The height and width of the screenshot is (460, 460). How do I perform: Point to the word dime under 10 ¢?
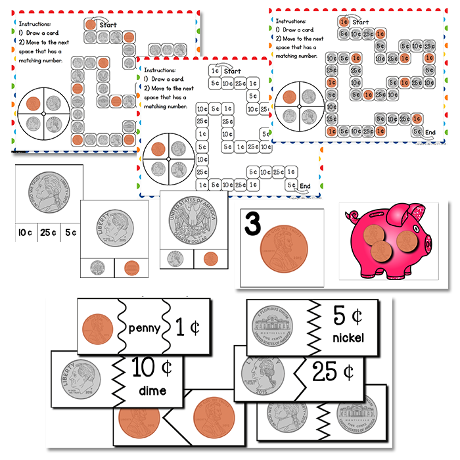point(152,391)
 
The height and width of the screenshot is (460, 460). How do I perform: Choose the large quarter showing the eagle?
point(194,222)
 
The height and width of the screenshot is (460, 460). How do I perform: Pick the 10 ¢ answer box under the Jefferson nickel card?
point(24,232)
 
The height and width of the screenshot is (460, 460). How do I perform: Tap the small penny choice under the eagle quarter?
point(210,259)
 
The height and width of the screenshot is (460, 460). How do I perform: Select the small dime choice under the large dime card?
point(98,267)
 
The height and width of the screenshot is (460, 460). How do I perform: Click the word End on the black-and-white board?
point(304,187)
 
